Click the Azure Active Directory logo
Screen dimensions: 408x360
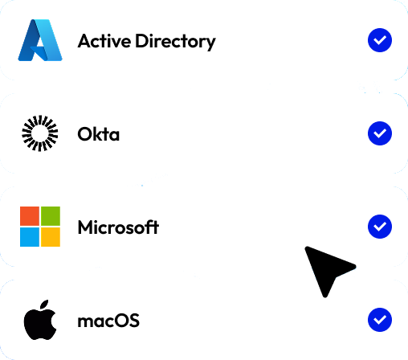click(x=40, y=40)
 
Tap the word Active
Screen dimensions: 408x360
click(x=104, y=41)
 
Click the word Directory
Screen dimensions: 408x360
click(x=175, y=42)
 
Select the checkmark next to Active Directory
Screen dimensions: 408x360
click(x=380, y=40)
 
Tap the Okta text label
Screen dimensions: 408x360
click(x=98, y=134)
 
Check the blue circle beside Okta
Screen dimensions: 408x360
click(x=380, y=133)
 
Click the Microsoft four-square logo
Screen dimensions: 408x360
click(x=40, y=227)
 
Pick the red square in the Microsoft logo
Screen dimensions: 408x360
click(x=30, y=216)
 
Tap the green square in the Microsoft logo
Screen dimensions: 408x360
click(x=51, y=216)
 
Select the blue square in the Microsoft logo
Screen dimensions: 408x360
click(x=30, y=237)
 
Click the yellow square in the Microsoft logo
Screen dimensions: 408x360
click(x=51, y=237)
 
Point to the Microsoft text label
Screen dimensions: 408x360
click(x=118, y=227)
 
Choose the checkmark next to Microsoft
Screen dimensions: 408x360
click(x=380, y=227)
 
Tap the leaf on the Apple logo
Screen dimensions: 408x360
click(x=44, y=305)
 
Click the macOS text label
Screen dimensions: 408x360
click(x=108, y=321)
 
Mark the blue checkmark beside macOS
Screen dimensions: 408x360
click(x=380, y=320)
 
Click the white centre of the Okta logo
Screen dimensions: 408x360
click(x=40, y=133)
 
